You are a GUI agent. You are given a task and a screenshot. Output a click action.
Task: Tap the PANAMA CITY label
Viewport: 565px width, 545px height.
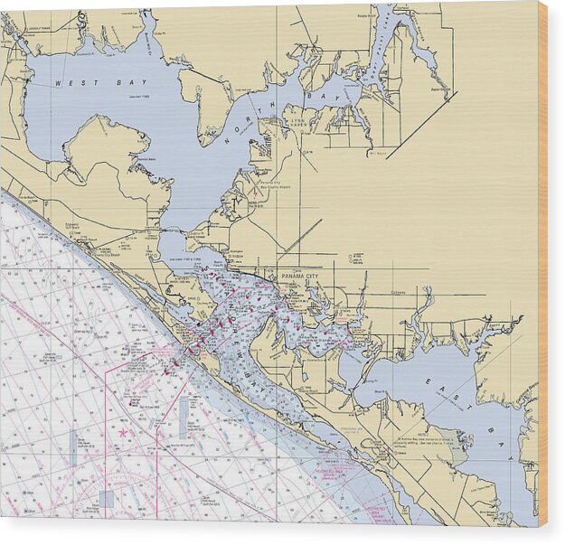click(300, 275)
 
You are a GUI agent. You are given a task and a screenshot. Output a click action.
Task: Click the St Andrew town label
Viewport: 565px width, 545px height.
click(237, 256)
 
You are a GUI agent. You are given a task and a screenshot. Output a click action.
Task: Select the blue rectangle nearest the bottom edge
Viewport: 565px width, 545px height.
click(108, 498)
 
